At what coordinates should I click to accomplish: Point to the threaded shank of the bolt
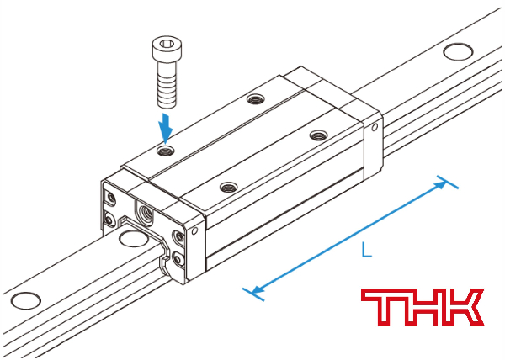click(x=167, y=85)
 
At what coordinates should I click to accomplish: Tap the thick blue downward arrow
click(x=166, y=128)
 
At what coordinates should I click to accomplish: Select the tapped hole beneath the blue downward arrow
click(x=165, y=150)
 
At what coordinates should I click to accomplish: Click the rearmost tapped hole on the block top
click(x=256, y=98)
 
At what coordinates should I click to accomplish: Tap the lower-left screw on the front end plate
click(x=109, y=220)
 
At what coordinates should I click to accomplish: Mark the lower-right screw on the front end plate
click(x=178, y=258)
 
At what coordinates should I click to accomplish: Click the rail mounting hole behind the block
click(x=458, y=51)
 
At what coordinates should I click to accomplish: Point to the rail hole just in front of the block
click(x=133, y=237)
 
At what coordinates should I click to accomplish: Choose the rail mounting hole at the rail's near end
click(x=26, y=300)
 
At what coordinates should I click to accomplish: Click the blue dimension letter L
click(x=366, y=250)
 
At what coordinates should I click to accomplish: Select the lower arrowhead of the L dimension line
click(x=257, y=289)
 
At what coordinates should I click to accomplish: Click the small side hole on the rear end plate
click(x=375, y=128)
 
